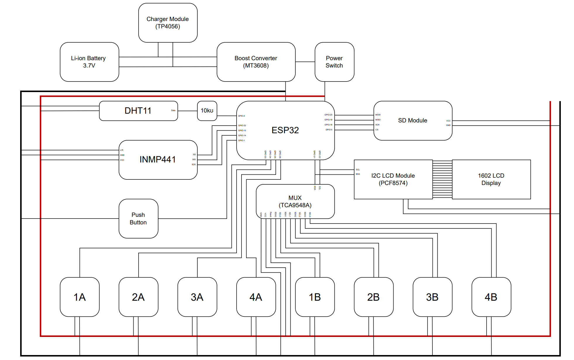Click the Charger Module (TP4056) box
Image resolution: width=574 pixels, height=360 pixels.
pos(168,23)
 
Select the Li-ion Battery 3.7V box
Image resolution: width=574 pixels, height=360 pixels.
pos(89,62)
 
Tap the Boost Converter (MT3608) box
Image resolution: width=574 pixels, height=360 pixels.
pos(256,62)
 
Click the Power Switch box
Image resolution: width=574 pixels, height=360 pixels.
pos(334,62)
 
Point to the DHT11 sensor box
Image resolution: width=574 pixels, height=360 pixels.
pos(138,111)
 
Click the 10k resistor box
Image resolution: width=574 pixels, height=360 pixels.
pos(207,111)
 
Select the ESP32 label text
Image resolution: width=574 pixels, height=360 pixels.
pos(285,130)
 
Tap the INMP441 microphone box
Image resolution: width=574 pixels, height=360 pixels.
pos(158,160)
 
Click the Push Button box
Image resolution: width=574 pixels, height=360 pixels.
pos(138,219)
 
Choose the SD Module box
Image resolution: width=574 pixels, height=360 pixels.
pos(413,120)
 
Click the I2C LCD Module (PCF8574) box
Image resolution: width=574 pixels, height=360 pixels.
pos(393,179)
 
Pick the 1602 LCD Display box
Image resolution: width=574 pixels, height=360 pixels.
pos(491,179)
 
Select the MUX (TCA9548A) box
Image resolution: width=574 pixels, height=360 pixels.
pos(295,201)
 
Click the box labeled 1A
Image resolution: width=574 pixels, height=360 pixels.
pos(80,297)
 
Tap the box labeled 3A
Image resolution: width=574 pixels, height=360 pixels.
pos(197,297)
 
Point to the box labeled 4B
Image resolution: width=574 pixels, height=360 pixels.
pos(491,297)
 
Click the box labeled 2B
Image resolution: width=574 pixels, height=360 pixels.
pos(373,297)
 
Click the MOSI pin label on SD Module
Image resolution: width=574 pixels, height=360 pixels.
pos(378,115)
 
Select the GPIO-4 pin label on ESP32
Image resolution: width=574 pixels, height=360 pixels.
pos(241,116)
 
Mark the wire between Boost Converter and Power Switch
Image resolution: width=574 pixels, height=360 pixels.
pos(305,62)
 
